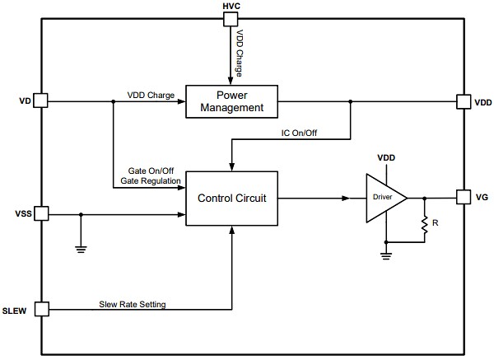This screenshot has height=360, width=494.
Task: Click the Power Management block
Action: tap(231, 101)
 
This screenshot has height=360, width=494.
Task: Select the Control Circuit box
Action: tap(231, 198)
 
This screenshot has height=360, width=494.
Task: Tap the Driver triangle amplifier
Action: tap(384, 198)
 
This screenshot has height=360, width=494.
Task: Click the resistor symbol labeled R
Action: tap(425, 227)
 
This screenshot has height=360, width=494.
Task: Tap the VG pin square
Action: tap(462, 198)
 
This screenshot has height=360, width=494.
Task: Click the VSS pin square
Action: tap(42, 214)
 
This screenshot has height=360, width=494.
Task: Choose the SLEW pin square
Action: tap(42, 310)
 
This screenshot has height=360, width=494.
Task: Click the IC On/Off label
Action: tap(300, 133)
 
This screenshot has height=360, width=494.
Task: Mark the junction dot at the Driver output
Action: tap(425, 198)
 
